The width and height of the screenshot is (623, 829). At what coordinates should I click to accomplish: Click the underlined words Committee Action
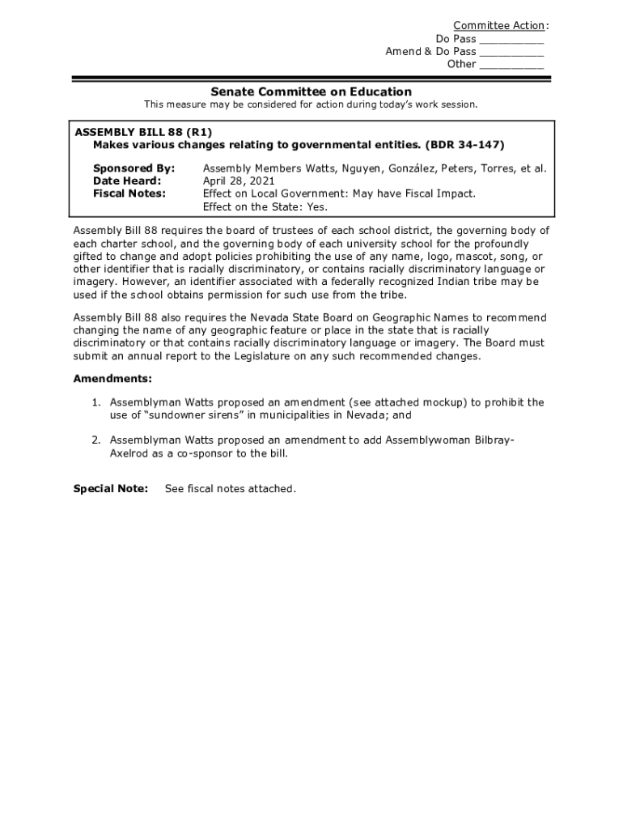pyautogui.click(x=498, y=26)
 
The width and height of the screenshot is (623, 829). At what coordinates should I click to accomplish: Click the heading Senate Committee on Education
pyautogui.click(x=311, y=91)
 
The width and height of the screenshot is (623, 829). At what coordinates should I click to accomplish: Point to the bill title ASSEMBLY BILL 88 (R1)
pyautogui.click(x=138, y=131)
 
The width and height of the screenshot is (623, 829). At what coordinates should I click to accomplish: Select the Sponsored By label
pyautogui.click(x=133, y=168)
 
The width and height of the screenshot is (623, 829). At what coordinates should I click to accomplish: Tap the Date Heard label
pyautogui.click(x=127, y=181)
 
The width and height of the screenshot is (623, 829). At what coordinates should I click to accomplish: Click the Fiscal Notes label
pyautogui.click(x=129, y=193)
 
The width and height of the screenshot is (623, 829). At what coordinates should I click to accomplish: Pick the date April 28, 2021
pyautogui.click(x=238, y=181)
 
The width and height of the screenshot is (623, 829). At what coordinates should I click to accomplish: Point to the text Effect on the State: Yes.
pyautogui.click(x=265, y=206)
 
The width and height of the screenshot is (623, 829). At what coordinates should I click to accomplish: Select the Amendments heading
pyautogui.click(x=112, y=379)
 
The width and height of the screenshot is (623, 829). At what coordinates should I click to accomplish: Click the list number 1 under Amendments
pyautogui.click(x=95, y=402)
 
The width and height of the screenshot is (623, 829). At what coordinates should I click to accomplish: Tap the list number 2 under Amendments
pyautogui.click(x=95, y=440)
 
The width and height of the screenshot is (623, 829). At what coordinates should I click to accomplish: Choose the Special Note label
pyautogui.click(x=111, y=489)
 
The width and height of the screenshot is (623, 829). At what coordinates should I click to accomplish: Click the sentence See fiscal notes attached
pyautogui.click(x=231, y=489)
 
